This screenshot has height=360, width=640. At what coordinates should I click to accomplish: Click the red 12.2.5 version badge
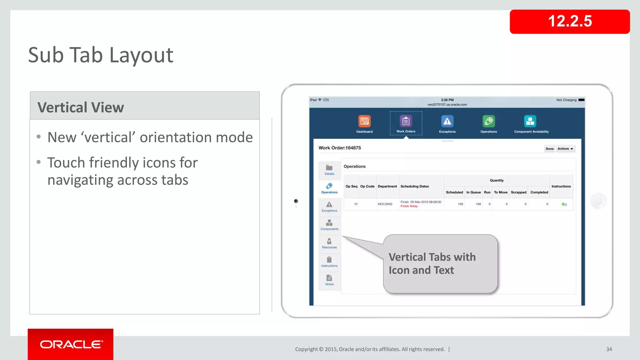tap(569, 22)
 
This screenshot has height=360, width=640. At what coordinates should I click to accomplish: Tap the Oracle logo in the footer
tap(71, 344)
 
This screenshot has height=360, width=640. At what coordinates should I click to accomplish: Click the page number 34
tap(609, 349)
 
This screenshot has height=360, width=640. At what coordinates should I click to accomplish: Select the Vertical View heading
tap(81, 107)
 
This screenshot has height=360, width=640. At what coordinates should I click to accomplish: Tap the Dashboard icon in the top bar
tap(364, 122)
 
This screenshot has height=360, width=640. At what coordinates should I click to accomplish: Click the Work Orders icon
tap(406, 121)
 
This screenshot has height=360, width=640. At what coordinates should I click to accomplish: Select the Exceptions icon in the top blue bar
tap(447, 122)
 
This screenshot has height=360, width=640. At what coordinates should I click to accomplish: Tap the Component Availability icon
tap(530, 122)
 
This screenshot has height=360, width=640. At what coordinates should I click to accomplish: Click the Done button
tap(549, 149)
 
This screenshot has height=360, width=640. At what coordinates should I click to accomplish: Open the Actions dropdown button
tap(565, 149)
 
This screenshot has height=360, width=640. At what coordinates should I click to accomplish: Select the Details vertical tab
tap(329, 170)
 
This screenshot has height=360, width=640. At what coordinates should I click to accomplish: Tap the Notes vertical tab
tap(329, 280)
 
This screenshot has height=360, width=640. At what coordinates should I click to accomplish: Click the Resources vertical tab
tap(329, 243)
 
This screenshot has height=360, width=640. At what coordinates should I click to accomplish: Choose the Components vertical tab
tap(329, 225)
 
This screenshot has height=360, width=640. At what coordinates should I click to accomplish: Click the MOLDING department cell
tap(385, 204)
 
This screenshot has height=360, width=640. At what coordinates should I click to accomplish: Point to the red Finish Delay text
tap(409, 206)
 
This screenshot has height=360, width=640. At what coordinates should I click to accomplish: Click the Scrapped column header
tap(518, 192)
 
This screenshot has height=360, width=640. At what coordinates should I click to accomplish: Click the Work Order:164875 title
tap(340, 148)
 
